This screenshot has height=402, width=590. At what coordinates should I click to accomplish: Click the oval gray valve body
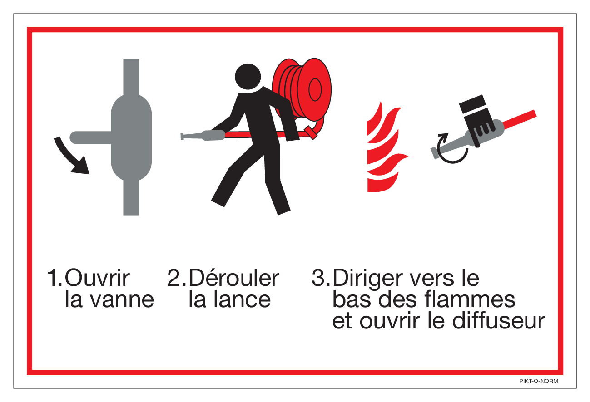pyautogui.click(x=131, y=137)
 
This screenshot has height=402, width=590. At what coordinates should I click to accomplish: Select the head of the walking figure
pyautogui.click(x=248, y=77)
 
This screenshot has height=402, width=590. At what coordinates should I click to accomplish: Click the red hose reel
pyautogui.click(x=302, y=89)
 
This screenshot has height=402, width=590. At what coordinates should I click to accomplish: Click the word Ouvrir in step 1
pyautogui.click(x=97, y=278)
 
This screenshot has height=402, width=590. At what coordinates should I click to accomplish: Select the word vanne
pyautogui.click(x=122, y=299)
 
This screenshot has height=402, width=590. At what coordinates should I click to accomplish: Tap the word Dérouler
pyautogui.click(x=234, y=278)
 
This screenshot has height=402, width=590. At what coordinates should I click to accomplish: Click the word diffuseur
pyautogui.click(x=499, y=320)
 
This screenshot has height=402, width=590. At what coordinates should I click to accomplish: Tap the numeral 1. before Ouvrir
pyautogui.click(x=55, y=278)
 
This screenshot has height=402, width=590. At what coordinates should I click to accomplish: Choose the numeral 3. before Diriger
pyautogui.click(x=321, y=278)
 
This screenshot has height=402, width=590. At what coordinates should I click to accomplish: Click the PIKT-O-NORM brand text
pyautogui.click(x=538, y=381)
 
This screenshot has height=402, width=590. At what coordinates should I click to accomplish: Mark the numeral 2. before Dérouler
pyautogui.click(x=177, y=278)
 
